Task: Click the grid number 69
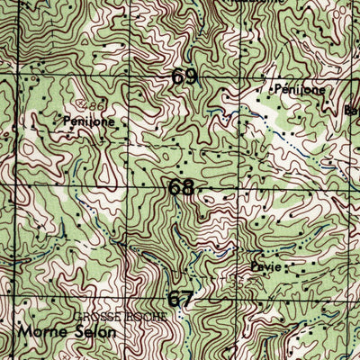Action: (x=184, y=77)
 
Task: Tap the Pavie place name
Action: (x=265, y=268)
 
